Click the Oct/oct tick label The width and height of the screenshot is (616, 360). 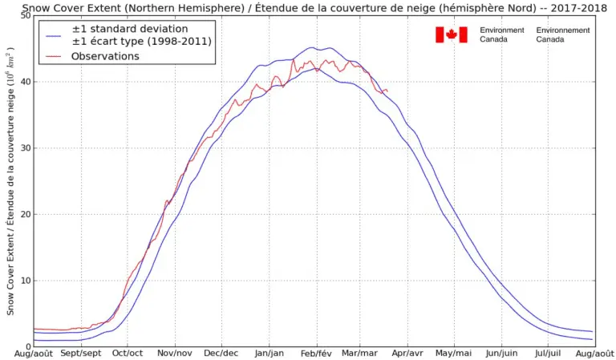[127, 353]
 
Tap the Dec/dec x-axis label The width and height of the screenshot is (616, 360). [221, 353]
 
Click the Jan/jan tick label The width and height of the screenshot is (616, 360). [268, 353]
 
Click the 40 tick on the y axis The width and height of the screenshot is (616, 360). [25, 81]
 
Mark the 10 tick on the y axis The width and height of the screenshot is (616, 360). [25, 281]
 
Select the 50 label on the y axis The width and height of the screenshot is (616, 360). [25, 15]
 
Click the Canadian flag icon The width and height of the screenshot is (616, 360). [451, 34]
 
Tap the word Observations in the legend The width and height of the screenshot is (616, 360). [105, 56]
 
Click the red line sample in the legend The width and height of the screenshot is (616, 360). [55, 56]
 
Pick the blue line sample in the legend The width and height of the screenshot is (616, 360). [55, 35]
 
